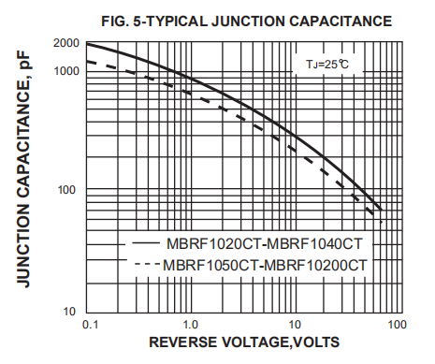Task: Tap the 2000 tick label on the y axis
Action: click(66, 44)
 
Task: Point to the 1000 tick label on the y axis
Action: click(66, 71)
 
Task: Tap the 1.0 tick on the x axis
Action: click(190, 324)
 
